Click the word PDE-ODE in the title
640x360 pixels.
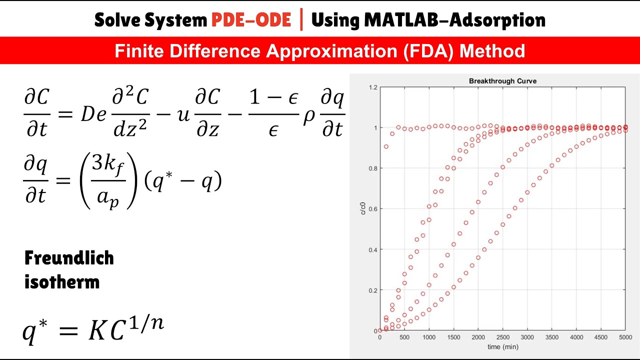point(251,20)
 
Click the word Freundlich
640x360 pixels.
point(69,258)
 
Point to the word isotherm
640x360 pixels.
point(61,282)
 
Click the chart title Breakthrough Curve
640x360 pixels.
point(502,81)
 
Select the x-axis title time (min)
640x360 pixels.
point(502,346)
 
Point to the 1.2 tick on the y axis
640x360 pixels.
point(372,87)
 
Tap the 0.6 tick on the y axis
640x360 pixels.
point(372,209)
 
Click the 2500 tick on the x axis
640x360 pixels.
point(503,338)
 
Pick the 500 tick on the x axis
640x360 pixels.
point(404,338)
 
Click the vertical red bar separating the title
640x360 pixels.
point(301,20)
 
